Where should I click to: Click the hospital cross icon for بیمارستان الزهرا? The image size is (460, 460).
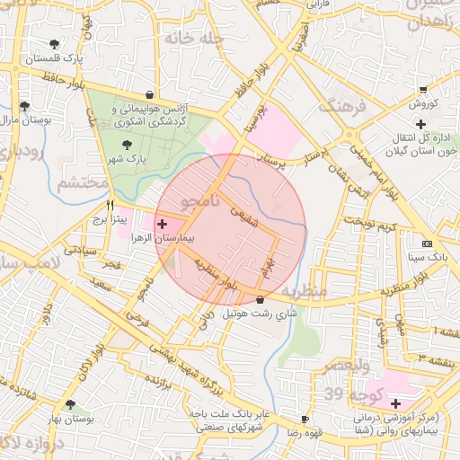tap(162, 224)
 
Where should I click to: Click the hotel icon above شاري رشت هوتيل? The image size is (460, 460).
tap(261, 299)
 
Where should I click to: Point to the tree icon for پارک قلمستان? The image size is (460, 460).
tap(56, 43)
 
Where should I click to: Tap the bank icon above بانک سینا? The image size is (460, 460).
tap(426, 243)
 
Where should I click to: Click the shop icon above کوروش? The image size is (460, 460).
tap(423, 89)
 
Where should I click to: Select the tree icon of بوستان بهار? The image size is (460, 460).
tap(69, 405)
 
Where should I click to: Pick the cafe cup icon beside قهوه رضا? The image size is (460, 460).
tap(305, 420)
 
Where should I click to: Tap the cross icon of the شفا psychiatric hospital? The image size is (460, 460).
tap(395, 403)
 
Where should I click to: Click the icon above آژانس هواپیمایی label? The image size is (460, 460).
tap(148, 94)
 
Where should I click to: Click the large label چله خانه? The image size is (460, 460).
tap(185, 40)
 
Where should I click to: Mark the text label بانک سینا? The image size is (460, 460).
tap(426, 257)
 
